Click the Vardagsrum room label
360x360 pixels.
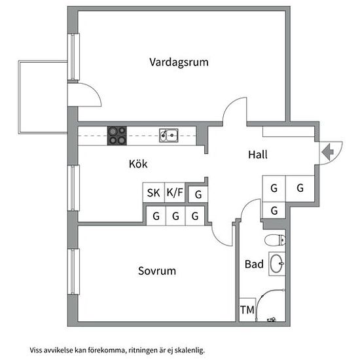pos(179,62)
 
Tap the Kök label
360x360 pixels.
pos(138,164)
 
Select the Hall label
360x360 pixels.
pos(258,154)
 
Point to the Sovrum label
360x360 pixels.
pos(157,271)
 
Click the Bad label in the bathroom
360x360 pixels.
pos(254,264)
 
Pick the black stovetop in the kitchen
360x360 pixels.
pos(117,135)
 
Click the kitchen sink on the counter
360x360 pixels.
pos(168,135)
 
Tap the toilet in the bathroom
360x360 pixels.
pos(275,240)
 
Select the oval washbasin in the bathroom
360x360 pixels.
pos(277,264)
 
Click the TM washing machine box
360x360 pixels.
pos(247,310)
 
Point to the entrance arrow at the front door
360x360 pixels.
pos(328,152)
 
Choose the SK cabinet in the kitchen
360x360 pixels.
pos(154,192)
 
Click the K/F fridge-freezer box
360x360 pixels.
pos(175,192)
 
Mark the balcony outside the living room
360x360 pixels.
pos(43,97)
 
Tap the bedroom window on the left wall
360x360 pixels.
pos(73,272)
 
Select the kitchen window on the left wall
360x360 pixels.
pos(73,188)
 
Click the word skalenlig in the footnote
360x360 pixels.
pos(189,351)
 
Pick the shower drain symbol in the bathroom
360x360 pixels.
pos(272,319)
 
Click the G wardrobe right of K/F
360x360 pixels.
pos(198,194)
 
